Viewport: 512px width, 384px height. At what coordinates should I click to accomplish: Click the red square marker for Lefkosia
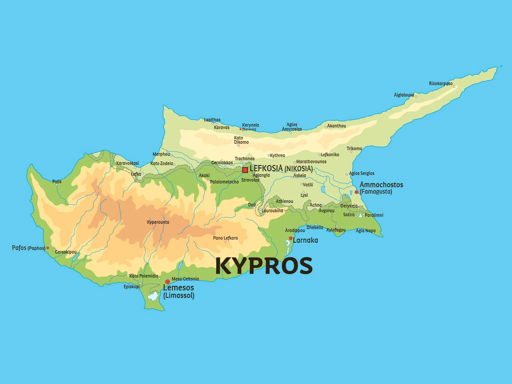(245, 170)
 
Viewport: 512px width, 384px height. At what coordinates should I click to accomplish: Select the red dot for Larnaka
(291, 238)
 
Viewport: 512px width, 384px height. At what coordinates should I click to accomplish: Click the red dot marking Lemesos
(167, 282)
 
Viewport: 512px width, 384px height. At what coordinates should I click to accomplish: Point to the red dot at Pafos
(48, 248)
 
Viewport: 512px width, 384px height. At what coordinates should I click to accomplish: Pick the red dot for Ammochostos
(356, 192)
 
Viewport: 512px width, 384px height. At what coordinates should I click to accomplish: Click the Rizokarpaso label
(441, 83)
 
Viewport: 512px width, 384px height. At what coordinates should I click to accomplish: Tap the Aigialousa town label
(404, 95)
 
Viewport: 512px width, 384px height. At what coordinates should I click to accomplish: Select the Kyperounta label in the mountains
(158, 222)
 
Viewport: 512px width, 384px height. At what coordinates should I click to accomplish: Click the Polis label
(57, 182)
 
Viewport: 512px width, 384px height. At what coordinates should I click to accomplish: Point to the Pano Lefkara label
(225, 238)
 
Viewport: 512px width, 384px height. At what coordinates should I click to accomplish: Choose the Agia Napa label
(366, 231)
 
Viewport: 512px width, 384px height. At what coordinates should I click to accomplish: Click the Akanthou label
(337, 126)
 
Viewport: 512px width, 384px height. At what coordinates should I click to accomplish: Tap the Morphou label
(161, 154)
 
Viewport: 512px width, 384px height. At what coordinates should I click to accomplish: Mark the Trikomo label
(354, 149)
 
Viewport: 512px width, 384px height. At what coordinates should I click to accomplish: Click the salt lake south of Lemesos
(153, 296)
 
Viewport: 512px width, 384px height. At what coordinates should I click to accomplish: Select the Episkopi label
(131, 287)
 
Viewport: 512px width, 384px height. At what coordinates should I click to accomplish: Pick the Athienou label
(284, 201)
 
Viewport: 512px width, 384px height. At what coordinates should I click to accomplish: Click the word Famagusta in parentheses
(376, 192)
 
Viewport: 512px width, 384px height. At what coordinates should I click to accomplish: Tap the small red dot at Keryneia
(240, 129)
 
